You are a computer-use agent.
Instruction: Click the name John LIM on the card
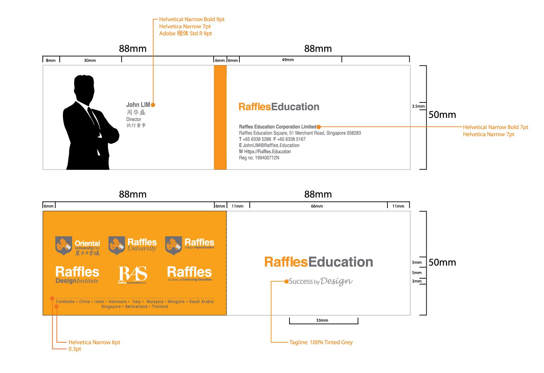pos(138,105)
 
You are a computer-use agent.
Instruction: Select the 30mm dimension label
pos(90,60)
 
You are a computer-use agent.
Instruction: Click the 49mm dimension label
pos(288,60)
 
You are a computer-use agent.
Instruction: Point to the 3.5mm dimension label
pos(418,106)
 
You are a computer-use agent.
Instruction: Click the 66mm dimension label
pos(317,206)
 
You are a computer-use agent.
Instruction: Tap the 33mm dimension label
pos(322,320)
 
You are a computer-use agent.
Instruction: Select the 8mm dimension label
pos(51,60)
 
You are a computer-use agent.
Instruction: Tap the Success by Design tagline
pos(320,281)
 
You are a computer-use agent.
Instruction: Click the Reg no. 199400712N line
pos(259,158)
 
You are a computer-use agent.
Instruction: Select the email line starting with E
pos(269,145)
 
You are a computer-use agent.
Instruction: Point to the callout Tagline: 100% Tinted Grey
pos(321,342)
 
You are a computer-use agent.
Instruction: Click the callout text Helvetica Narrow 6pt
pos(94,342)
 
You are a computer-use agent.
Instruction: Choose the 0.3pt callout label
pos(75,349)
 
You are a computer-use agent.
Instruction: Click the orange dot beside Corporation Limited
pos(319,127)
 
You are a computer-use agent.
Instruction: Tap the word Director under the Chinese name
pos(134,119)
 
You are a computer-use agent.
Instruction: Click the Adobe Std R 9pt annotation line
pos(186,34)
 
